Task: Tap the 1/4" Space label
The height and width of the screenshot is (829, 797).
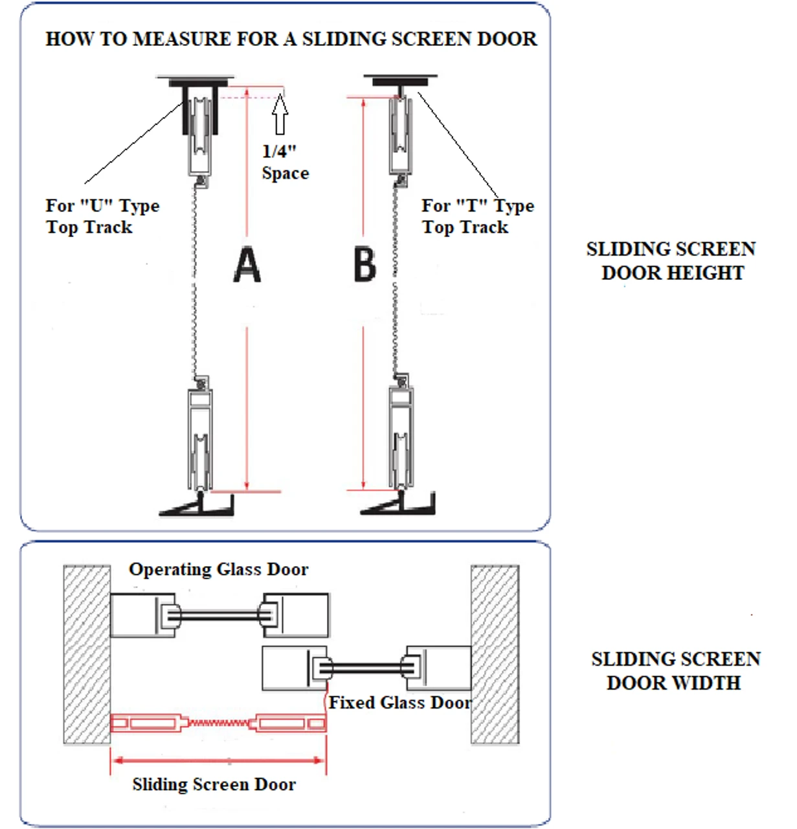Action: point(285,162)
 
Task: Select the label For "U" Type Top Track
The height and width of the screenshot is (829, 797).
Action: point(102,216)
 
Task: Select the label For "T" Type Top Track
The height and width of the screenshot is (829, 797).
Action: point(477,216)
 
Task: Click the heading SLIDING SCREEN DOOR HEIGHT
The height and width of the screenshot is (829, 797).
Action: point(671,260)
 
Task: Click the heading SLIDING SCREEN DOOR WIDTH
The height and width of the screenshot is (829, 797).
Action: point(675,670)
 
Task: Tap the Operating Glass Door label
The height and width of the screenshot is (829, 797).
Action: point(218,569)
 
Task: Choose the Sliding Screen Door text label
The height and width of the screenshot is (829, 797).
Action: point(214,784)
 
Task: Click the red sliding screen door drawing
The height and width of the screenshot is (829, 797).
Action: point(218,722)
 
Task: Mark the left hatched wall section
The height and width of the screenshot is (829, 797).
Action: point(87,654)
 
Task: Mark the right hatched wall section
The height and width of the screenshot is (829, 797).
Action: point(495,654)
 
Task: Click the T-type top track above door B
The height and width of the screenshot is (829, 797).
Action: point(400,82)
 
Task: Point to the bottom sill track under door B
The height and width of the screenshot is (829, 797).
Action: point(398,505)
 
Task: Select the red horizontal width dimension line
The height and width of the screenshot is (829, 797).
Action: point(218,760)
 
